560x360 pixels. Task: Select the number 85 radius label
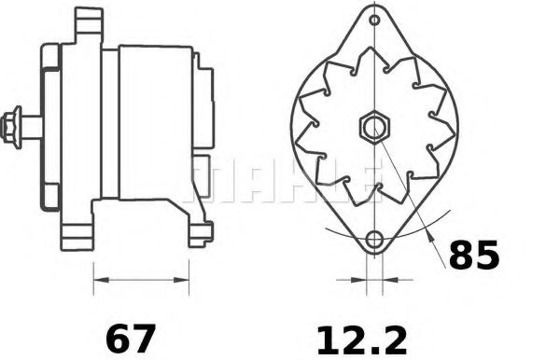click(474, 255)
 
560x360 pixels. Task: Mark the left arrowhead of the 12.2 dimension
click(357, 278)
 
